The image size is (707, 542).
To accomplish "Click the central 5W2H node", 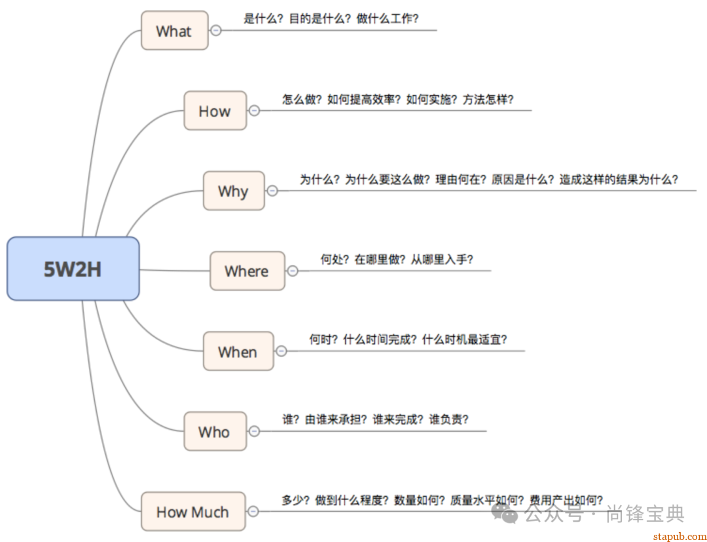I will [x=73, y=269].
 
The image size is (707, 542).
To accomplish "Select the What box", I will [x=174, y=30].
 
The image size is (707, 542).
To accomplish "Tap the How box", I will [x=215, y=111].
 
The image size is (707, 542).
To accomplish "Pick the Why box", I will [x=233, y=191].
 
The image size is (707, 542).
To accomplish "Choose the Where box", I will [x=247, y=271].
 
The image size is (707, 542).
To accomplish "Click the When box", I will [x=238, y=351].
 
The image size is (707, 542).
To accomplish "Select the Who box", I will [x=215, y=431].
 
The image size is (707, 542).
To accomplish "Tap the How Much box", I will [x=193, y=512].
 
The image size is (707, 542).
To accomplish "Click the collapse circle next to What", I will [x=215, y=30].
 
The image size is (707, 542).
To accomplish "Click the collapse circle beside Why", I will [x=272, y=191].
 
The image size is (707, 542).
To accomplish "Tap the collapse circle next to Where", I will [x=293, y=271].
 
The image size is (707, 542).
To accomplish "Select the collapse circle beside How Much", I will [x=253, y=512].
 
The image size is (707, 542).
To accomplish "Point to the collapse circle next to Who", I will [x=254, y=431].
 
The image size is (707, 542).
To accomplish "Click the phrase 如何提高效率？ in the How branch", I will [x=363, y=99].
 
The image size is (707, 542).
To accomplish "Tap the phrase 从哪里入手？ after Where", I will [x=442, y=259].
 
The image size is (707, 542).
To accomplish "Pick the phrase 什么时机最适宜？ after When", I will [x=465, y=339].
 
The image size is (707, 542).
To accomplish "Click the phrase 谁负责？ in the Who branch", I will [x=449, y=419].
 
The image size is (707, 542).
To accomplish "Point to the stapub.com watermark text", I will [x=680, y=535].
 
